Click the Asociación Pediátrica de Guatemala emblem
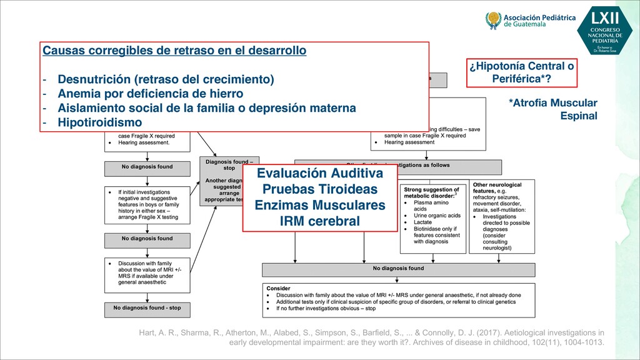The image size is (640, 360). coord(494,21)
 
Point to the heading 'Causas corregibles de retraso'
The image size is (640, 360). coord(174,50)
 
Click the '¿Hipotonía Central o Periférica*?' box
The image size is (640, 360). coord(521,73)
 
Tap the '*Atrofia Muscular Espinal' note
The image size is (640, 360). coord(553,109)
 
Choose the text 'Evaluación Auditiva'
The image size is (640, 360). coord(319,174)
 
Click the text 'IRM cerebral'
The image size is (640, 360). coord(319,221)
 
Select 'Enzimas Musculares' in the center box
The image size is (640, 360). coord(319,205)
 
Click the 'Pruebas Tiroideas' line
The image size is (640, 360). coord(319,189)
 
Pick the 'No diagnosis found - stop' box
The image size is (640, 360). coord(147,308)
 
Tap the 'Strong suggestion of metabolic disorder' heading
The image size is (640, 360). coord(431,192)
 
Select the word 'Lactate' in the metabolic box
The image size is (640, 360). coord(424,222)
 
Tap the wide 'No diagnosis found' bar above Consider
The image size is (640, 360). coord(398,269)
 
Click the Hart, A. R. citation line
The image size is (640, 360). coord(371,332)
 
